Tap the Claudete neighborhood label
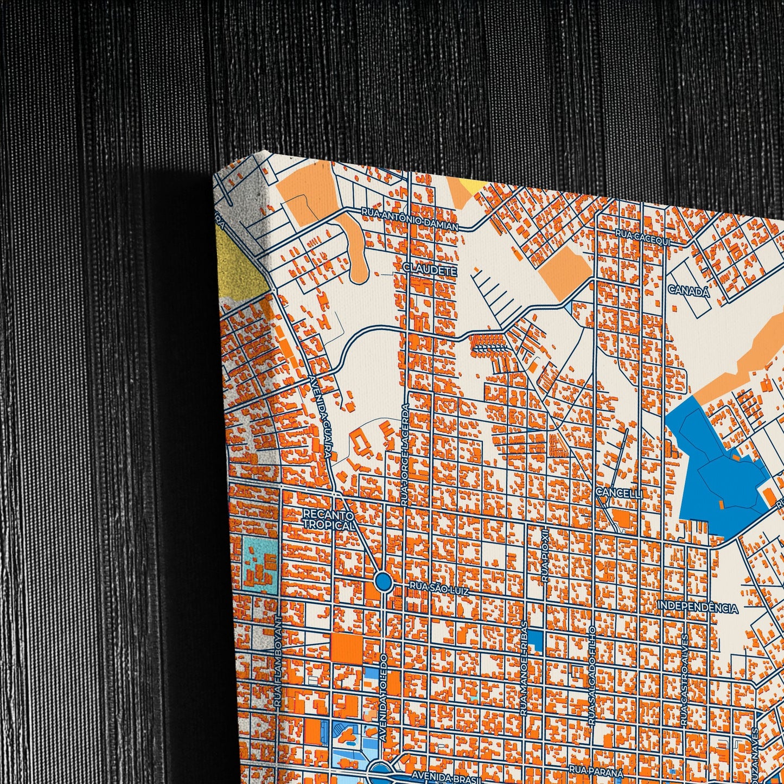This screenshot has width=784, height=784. coord(430,269)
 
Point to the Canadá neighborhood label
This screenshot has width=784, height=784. coord(689,291)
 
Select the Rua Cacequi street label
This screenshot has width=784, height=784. coord(643,237)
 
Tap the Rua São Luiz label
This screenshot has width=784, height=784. coord(439,585)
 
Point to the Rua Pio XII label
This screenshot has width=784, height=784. coord(545,556)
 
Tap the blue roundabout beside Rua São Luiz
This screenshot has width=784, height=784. coord(384,582)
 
